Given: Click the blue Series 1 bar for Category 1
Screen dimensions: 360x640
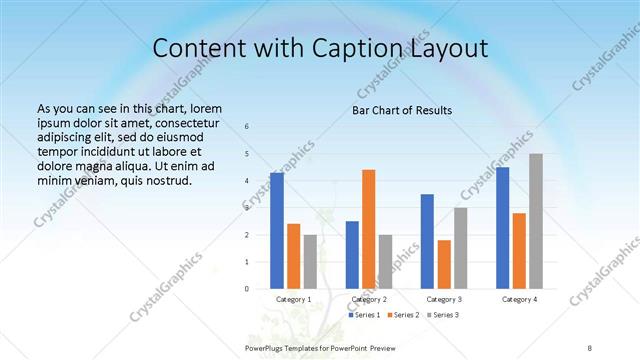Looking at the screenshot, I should click(277, 231).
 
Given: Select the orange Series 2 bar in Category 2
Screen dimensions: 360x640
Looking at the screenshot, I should click(369, 229).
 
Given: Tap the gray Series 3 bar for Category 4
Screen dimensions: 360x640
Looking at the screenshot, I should click(536, 221).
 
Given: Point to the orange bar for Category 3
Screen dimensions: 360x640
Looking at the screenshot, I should click(444, 264).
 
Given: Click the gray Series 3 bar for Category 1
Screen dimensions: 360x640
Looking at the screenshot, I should click(310, 262).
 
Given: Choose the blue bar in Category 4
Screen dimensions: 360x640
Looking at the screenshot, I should click(502, 228).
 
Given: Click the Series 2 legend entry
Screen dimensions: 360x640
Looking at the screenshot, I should click(403, 315).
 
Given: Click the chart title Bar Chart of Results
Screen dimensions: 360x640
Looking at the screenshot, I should click(402, 110).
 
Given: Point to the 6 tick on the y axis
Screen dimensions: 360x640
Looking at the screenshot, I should click(247, 127).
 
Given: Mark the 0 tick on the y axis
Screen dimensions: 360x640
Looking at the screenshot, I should click(247, 289).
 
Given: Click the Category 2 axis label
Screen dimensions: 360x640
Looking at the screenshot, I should click(369, 299).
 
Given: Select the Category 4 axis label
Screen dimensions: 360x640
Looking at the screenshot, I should click(519, 299).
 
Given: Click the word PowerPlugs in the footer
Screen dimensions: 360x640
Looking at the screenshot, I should click(266, 347).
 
